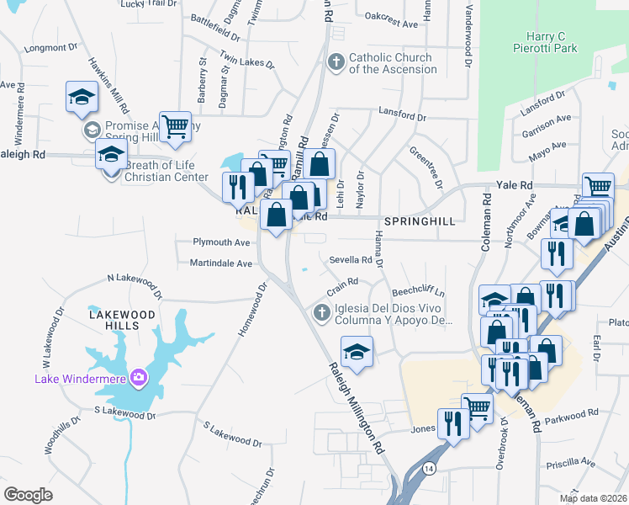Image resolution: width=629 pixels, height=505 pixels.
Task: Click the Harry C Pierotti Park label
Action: pyautogui.click(x=546, y=43)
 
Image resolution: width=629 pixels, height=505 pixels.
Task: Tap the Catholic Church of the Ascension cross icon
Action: pyautogui.click(x=336, y=63)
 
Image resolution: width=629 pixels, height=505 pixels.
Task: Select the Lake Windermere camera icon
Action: pyautogui.click(x=137, y=377)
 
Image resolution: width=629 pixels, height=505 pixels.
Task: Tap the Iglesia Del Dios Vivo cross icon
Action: pyautogui.click(x=320, y=313)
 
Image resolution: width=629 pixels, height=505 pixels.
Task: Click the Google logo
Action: pyautogui.click(x=28, y=495)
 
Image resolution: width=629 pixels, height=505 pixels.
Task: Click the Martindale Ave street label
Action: pyautogui.click(x=221, y=263)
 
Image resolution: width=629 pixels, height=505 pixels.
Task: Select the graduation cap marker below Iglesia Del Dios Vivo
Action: pyautogui.click(x=357, y=351)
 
